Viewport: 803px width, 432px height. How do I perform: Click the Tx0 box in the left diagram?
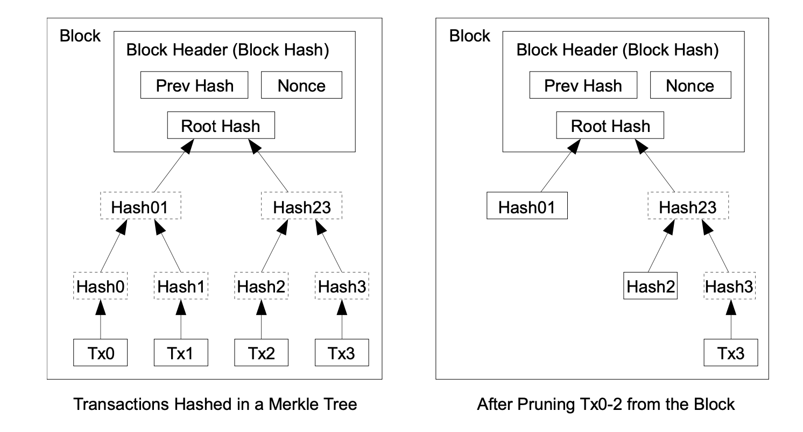100,353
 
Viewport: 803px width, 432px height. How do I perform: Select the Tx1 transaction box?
181,353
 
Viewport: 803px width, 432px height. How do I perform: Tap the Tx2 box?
262,353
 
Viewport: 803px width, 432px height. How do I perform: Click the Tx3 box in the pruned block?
731,353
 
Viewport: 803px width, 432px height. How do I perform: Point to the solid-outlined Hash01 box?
527,206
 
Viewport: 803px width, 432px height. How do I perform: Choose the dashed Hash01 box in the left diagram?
140,206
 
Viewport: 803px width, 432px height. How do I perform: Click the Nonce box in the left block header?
301,86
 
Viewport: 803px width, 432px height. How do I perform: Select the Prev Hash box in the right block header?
583,86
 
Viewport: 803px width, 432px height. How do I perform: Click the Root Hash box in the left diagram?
221,126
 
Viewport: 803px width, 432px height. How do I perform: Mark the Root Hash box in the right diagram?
610,126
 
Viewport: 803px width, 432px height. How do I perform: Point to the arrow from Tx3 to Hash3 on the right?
731,320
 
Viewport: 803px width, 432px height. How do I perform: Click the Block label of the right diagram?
469,36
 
